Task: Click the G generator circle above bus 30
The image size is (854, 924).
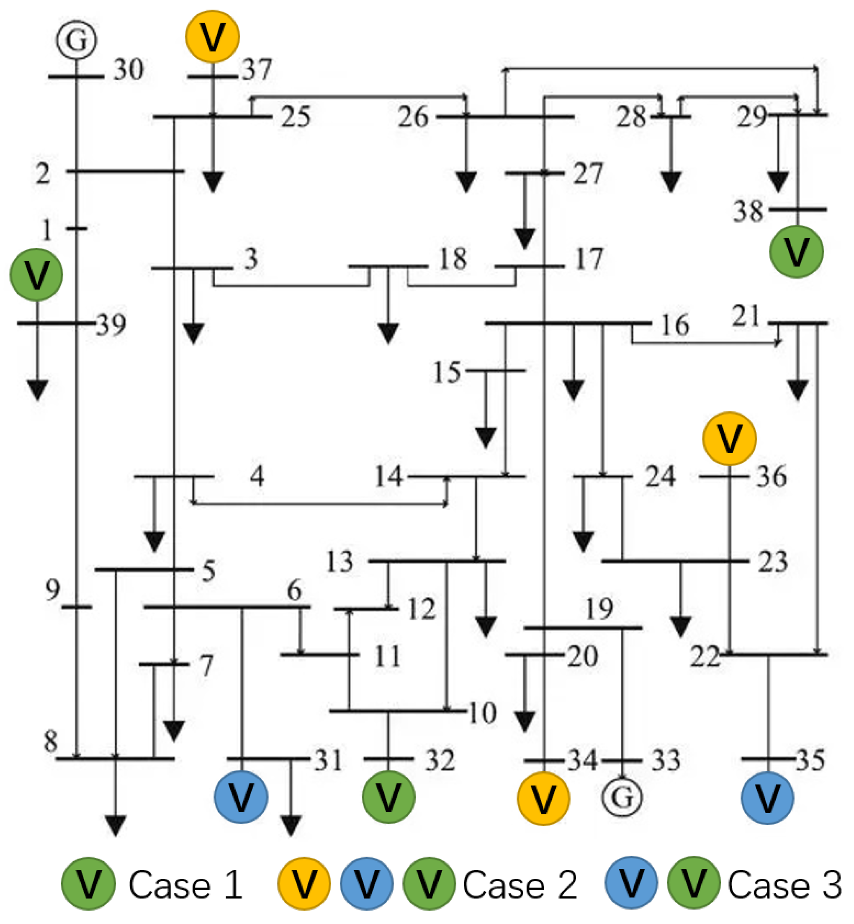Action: [x=77, y=40]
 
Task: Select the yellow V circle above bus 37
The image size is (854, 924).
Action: [x=213, y=36]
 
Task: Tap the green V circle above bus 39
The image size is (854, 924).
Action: [x=36, y=275]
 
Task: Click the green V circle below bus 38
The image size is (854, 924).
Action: [x=797, y=252]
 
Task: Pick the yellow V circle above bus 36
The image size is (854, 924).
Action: [x=729, y=439]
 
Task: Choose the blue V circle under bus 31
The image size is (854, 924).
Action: [x=241, y=797]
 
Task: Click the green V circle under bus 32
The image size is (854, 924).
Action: [x=388, y=797]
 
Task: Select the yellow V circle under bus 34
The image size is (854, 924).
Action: [x=543, y=798]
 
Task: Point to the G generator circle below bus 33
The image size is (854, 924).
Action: [x=622, y=797]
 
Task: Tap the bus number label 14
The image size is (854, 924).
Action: [x=388, y=476]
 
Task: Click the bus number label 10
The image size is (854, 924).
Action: [x=482, y=713]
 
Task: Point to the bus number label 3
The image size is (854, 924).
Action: [x=251, y=259]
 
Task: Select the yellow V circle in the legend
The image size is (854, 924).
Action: [x=304, y=884]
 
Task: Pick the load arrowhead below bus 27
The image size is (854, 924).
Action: [x=525, y=239]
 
